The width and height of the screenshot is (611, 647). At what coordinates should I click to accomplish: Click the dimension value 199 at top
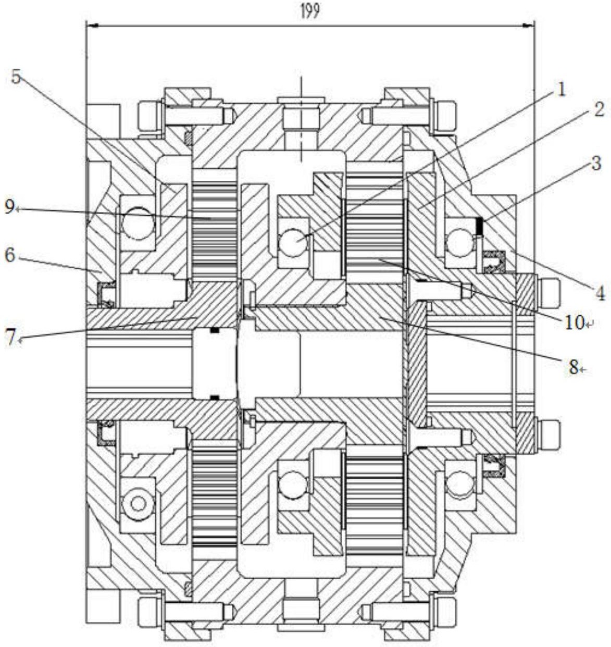point(309,11)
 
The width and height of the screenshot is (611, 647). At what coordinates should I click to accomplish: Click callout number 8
point(573,368)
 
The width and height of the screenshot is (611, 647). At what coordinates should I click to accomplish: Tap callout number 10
point(575,322)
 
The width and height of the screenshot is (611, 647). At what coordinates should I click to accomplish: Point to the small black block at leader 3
point(480,226)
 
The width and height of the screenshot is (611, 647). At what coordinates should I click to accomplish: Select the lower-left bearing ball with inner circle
point(138,503)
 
